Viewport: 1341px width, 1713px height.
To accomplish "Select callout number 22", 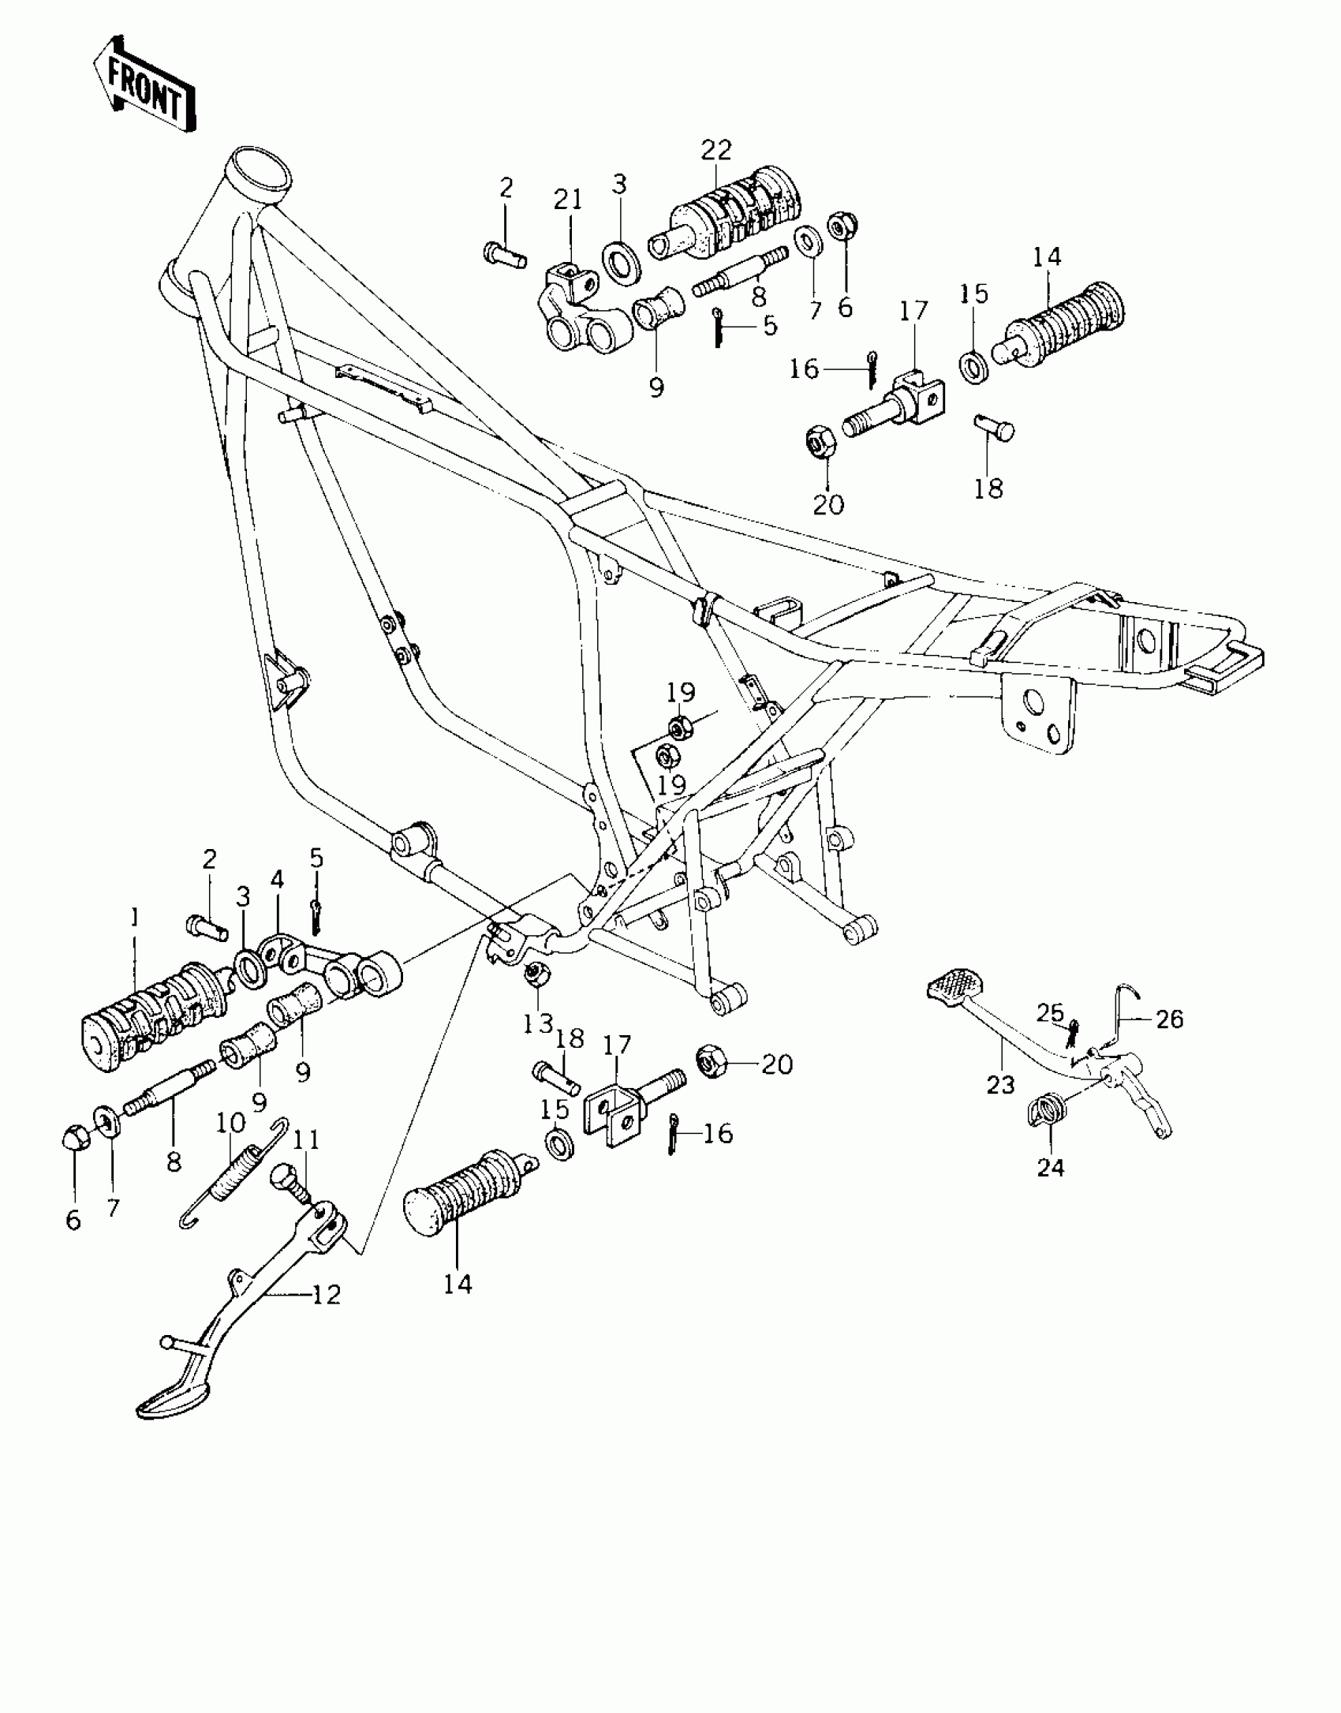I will [x=716, y=151].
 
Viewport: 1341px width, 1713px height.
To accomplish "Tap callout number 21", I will [x=567, y=200].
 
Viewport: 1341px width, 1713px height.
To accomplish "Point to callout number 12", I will [x=327, y=1295].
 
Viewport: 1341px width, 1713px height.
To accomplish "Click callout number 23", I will [x=1000, y=1085].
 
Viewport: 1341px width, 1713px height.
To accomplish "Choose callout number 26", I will [x=1170, y=1019].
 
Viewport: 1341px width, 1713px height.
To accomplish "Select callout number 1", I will [x=134, y=917].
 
